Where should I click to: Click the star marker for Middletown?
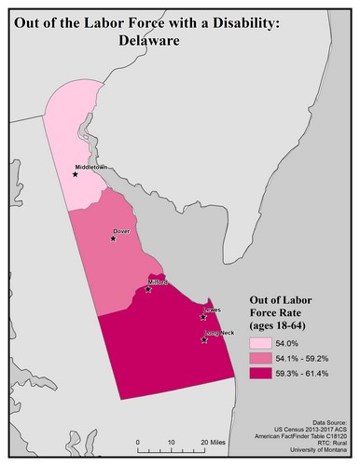click(x=76, y=173)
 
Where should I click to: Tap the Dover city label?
click(x=121, y=230)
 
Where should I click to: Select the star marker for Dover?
click(x=113, y=239)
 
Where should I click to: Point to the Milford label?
click(x=157, y=281)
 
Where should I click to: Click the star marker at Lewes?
click(x=203, y=317)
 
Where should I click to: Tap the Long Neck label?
click(x=219, y=333)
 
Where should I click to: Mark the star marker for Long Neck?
click(x=204, y=341)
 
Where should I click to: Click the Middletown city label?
click(x=94, y=167)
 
